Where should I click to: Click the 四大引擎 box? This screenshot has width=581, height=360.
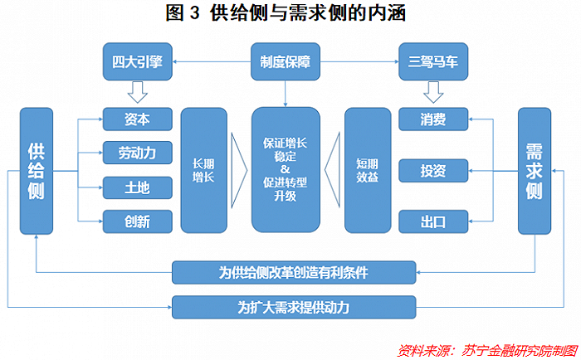pyautogui.click(x=138, y=61)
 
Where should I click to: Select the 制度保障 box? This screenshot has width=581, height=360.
pyautogui.click(x=286, y=61)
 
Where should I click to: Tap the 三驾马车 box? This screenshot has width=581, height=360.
pyautogui.click(x=433, y=61)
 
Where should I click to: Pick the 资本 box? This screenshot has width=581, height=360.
pyautogui.click(x=138, y=119)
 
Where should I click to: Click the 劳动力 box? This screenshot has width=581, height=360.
pyautogui.click(x=138, y=153)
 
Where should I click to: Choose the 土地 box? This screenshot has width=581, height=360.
pyautogui.click(x=138, y=187)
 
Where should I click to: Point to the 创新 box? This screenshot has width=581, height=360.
pyautogui.click(x=138, y=221)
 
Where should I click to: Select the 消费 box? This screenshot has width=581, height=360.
pyautogui.click(x=433, y=119)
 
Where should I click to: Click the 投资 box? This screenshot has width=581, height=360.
pyautogui.click(x=433, y=171)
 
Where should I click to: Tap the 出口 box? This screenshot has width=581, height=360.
pyautogui.click(x=433, y=221)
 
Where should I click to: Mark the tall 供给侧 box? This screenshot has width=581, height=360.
pyautogui.click(x=37, y=171)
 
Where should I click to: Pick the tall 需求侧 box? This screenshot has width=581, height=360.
pyautogui.click(x=535, y=171)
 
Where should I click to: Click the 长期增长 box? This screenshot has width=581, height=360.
pyautogui.click(x=204, y=170)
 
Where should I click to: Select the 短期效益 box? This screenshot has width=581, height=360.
pyautogui.click(x=368, y=170)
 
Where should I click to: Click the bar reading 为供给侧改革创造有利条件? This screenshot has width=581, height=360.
pyautogui.click(x=294, y=273)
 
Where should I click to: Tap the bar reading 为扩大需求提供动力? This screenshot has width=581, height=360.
pyautogui.click(x=294, y=307)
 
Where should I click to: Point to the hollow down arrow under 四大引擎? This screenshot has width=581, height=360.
pyautogui.click(x=138, y=93)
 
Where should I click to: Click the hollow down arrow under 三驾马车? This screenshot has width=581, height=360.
pyautogui.click(x=433, y=93)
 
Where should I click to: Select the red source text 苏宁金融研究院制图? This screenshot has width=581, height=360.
pyautogui.click(x=520, y=350)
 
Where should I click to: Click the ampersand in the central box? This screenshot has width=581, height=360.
pyautogui.click(x=285, y=169)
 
